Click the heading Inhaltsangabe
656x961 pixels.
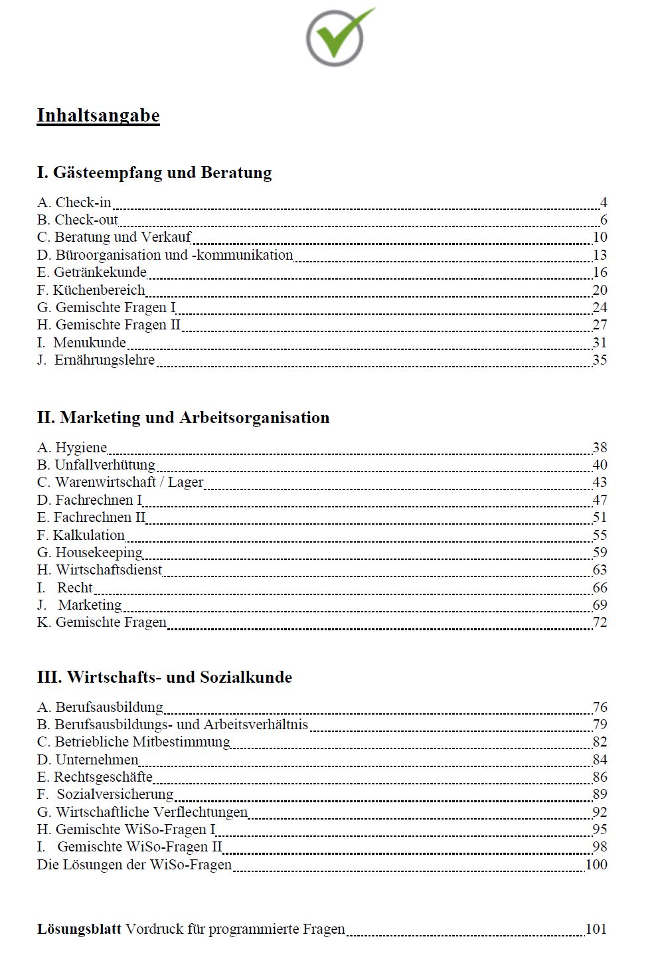(98, 116)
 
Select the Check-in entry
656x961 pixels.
(74, 203)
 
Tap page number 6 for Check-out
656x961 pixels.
(604, 220)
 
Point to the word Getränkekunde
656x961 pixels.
(100, 272)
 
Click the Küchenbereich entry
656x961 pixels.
(91, 290)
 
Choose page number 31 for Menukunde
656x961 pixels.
(600, 343)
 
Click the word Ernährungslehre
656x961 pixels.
(104, 360)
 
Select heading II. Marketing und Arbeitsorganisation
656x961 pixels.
(183, 418)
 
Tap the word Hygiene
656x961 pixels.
(81, 448)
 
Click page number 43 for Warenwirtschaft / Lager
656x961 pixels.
(600, 482)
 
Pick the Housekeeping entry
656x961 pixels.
(90, 553)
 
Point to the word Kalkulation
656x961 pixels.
(89, 535)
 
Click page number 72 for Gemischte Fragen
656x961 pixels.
(600, 622)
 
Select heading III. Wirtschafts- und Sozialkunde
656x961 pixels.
(165, 677)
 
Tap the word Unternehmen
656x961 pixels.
(97, 760)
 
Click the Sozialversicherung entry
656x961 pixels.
(106, 794)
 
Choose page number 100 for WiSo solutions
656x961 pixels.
(596, 865)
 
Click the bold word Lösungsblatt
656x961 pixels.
(79, 929)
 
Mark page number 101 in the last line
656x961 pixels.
(596, 929)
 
